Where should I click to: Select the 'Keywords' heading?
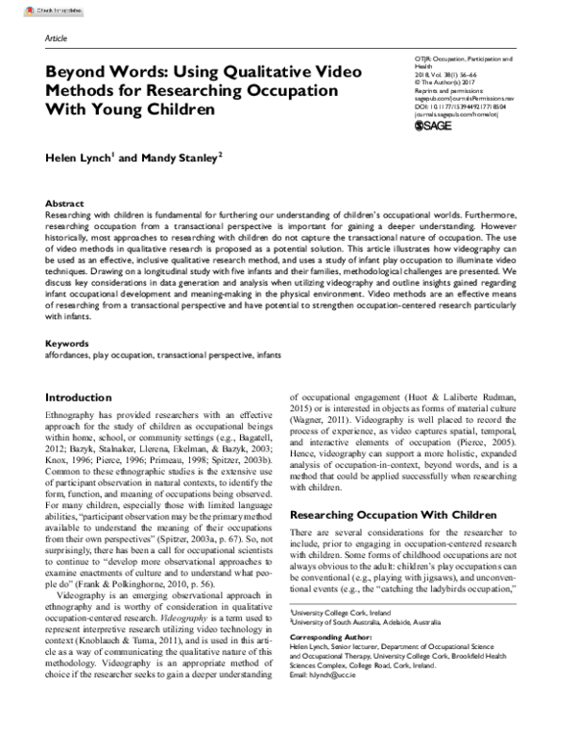69,343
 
